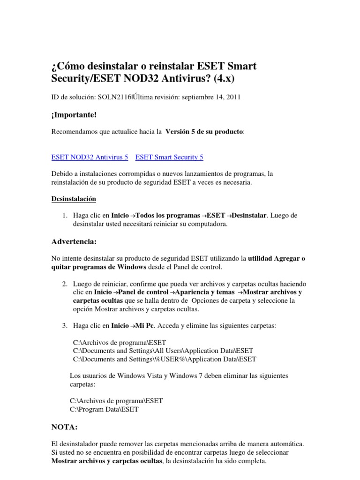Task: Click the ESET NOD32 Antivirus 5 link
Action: point(89,157)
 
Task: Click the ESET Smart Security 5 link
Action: point(169,157)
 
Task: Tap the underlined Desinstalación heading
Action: point(73,199)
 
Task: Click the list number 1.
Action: point(65,215)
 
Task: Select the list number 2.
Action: point(65,284)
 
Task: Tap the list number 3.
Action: point(65,325)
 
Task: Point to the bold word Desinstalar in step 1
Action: point(249,215)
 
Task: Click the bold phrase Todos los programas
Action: point(168,215)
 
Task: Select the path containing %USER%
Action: point(165,359)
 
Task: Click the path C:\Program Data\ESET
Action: point(104,409)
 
